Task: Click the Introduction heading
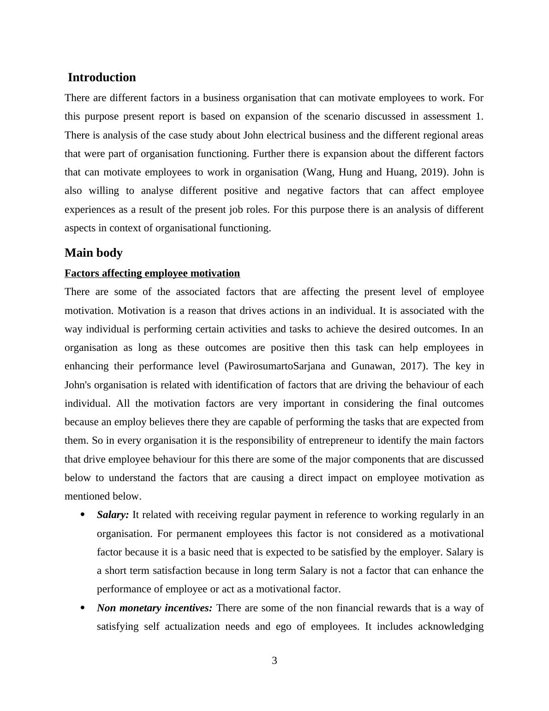[101, 78]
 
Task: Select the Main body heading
[94, 253]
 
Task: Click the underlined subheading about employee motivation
[152, 273]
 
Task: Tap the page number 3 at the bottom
[274, 661]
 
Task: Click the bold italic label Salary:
[113, 515]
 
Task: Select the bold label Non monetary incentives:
[155, 608]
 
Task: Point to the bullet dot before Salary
[83, 515]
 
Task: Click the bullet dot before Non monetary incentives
[83, 608]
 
